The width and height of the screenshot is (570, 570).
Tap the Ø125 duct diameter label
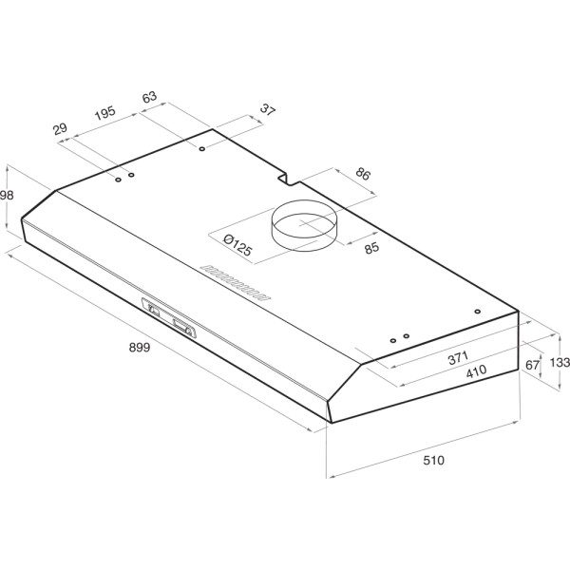(233, 246)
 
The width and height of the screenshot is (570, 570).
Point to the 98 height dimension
(8, 194)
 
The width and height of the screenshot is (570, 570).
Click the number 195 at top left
(104, 113)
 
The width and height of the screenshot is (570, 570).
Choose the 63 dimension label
(148, 97)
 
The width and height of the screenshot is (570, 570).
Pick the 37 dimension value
(267, 110)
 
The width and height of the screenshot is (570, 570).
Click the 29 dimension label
(60, 128)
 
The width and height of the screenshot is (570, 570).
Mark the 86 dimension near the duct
(362, 175)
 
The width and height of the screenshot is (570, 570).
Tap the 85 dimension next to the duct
(371, 250)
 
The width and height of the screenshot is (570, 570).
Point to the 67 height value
(532, 365)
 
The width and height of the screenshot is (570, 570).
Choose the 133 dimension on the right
(559, 361)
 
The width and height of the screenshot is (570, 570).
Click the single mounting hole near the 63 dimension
(203, 149)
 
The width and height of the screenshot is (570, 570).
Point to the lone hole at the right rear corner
(477, 311)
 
